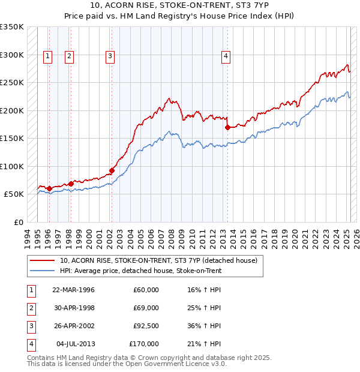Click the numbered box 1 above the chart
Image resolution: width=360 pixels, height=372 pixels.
click(48, 57)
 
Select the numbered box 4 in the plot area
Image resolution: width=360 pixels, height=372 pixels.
click(226, 57)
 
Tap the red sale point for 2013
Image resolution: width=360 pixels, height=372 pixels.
click(228, 127)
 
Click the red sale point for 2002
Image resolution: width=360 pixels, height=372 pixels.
click(112, 171)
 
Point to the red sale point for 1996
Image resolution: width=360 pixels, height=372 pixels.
click(49, 189)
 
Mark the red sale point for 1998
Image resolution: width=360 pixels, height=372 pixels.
click(71, 184)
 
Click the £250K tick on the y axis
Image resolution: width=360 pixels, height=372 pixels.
click(11, 83)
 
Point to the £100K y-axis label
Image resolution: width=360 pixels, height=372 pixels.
click(11, 166)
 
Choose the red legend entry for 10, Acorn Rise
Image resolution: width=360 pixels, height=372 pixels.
click(158, 260)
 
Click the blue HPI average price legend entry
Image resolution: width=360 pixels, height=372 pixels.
click(140, 271)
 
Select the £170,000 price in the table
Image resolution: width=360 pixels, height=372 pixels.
click(144, 344)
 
